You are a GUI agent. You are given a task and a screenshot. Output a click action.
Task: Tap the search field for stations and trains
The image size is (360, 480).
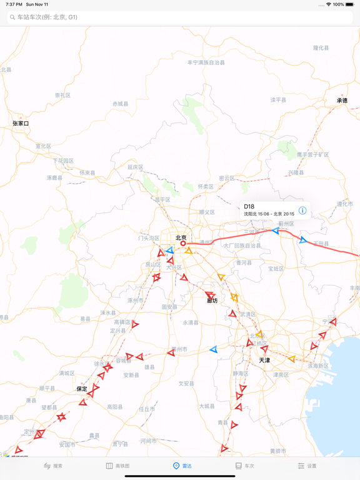point(180,17)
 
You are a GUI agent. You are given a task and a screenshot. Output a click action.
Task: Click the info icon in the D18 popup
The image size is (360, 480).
point(302,211)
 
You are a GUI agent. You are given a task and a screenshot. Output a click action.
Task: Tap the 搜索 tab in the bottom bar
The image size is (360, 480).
point(53,466)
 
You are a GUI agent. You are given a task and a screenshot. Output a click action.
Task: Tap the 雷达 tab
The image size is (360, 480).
point(182,466)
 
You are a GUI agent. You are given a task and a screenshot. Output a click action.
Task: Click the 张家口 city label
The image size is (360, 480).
point(21,124)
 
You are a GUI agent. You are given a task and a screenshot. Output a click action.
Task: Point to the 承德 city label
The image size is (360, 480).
point(342,100)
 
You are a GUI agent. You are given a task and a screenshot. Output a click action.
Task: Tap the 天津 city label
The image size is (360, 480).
point(264,361)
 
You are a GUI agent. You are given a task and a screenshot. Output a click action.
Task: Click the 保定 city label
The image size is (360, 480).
point(82,389)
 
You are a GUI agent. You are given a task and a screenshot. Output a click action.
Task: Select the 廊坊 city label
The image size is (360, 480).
point(212,301)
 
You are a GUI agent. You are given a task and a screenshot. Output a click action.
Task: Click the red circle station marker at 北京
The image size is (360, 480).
point(183,244)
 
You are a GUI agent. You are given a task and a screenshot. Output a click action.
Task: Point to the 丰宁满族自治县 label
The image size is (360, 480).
point(206,62)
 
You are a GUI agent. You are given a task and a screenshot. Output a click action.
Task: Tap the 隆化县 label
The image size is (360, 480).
point(321,47)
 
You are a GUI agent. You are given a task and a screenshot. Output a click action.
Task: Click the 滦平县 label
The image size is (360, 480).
point(278,100)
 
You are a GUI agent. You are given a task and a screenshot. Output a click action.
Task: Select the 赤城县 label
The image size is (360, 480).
point(120,104)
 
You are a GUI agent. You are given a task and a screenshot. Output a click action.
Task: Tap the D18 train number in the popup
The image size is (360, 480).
point(249,206)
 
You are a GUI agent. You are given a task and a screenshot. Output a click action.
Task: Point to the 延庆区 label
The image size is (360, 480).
point(136,167)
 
